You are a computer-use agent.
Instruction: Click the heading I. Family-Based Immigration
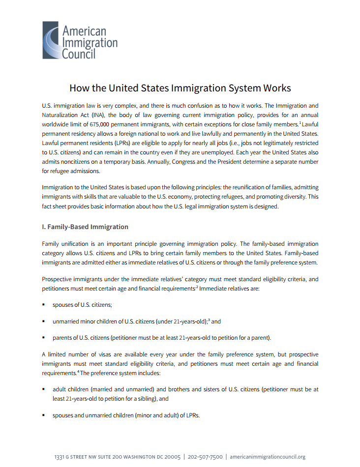[x=85, y=227]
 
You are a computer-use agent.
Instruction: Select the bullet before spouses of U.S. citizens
[x=44, y=305]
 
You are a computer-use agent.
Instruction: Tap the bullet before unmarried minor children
[x=44, y=321]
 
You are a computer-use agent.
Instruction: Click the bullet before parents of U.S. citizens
[x=44, y=338]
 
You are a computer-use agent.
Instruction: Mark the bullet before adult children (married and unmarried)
[x=44, y=389]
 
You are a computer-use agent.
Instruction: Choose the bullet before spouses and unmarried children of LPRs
[x=44, y=415]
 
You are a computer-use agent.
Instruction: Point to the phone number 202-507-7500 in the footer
[x=205, y=457]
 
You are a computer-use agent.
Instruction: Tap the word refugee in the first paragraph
[x=58, y=171]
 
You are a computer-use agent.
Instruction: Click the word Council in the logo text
[x=79, y=53]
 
